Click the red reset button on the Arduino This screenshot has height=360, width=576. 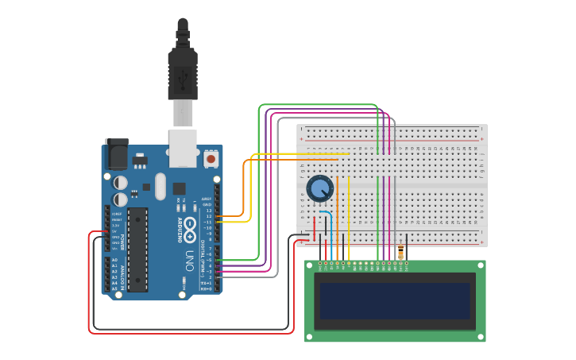pos(211,159)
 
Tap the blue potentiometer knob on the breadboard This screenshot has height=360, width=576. pos(319,189)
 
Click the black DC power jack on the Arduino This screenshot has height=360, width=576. pos(116,154)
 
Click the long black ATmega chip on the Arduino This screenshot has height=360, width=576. pos(137,250)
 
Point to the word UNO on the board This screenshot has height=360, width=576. pos(189,260)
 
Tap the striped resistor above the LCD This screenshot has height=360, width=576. pos(400,253)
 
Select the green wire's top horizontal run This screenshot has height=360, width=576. pos(318,104)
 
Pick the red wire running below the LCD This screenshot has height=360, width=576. pos(191,333)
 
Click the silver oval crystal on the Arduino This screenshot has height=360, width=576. pos(160,187)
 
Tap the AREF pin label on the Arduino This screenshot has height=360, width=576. pos(206,199)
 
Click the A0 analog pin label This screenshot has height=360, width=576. pos(114,260)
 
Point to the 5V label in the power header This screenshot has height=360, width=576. pos(115,231)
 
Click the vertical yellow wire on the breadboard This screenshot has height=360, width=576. pos(349,207)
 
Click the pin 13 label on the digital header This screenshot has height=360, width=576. pos(208,210)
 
